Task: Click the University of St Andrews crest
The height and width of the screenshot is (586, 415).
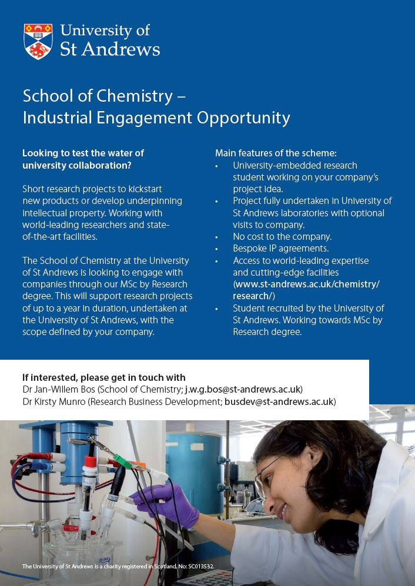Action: (x=38, y=41)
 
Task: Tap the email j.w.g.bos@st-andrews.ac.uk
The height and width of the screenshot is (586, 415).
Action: (x=243, y=389)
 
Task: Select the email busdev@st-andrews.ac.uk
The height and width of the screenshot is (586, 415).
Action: (x=279, y=401)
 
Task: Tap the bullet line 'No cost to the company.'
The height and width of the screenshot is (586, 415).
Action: (x=282, y=237)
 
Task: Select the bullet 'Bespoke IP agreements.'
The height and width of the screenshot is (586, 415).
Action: (x=280, y=249)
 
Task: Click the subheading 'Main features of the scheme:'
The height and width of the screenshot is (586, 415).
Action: (x=276, y=153)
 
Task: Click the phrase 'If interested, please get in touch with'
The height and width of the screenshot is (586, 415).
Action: (x=103, y=377)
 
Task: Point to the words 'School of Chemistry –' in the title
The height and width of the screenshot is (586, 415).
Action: (x=104, y=95)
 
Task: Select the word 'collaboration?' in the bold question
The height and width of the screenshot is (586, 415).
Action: (x=102, y=165)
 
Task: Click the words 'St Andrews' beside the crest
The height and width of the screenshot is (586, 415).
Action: (x=110, y=49)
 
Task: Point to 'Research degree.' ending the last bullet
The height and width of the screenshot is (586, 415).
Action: (x=267, y=332)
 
